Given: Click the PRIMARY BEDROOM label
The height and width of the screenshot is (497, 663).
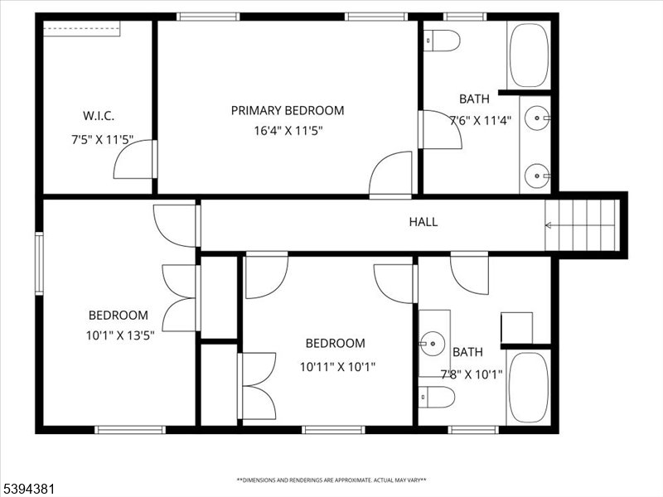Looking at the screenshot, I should click(287, 110).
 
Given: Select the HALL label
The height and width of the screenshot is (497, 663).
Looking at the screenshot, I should click(423, 222).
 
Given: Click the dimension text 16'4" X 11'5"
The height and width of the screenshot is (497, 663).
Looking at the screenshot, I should click(288, 130).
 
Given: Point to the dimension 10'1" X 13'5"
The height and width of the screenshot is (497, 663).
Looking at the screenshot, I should click(119, 335).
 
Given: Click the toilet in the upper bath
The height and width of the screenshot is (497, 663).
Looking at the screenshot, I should click(442, 40).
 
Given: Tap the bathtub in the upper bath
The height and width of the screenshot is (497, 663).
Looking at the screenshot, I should click(528, 55).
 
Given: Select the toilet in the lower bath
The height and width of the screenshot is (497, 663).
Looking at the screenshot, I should click(437, 397).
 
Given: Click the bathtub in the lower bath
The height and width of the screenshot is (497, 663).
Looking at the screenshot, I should click(527, 388).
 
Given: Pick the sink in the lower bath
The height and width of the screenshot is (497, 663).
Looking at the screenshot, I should click(433, 340).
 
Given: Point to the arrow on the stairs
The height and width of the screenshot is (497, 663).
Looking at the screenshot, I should click(549, 224).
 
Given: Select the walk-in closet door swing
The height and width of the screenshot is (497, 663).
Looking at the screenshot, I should click(134, 159).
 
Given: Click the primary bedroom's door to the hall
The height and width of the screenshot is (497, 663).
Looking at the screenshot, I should click(390, 174).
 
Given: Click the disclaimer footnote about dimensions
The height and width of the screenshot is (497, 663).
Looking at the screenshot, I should click(331, 480).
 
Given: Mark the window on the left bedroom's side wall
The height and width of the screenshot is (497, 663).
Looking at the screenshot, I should click(39, 263).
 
